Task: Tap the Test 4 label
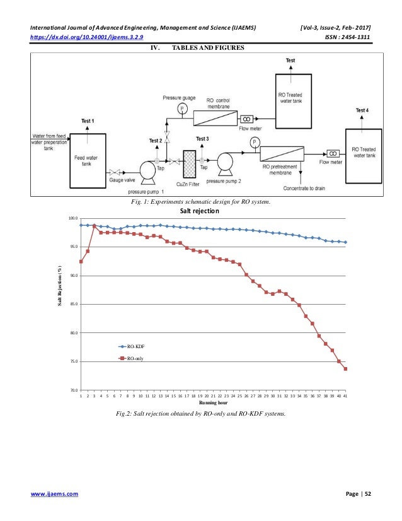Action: tap(362, 110)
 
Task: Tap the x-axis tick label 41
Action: tap(346, 395)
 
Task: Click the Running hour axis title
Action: tap(213, 402)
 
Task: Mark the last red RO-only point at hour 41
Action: tap(346, 369)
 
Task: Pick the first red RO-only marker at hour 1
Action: tap(81, 261)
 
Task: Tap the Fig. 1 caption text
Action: tap(199, 202)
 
